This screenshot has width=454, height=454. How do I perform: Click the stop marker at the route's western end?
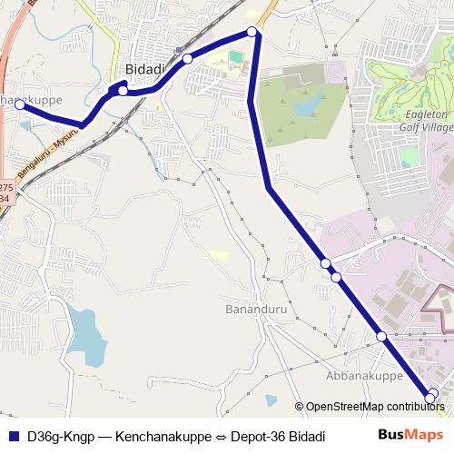19,105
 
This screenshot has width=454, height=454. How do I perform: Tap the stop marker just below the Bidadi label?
123,91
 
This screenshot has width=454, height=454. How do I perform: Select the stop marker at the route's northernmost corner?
253,33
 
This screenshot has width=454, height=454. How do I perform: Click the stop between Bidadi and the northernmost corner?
187,58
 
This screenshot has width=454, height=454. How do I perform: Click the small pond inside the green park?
304,108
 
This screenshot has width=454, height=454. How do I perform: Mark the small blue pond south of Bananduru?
271,400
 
